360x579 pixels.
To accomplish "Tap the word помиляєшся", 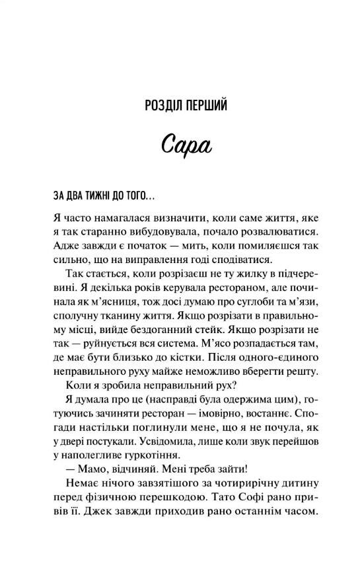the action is tap(256, 247).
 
